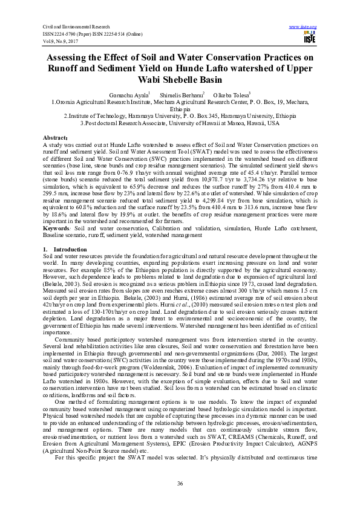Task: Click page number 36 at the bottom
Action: pos(180,483)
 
